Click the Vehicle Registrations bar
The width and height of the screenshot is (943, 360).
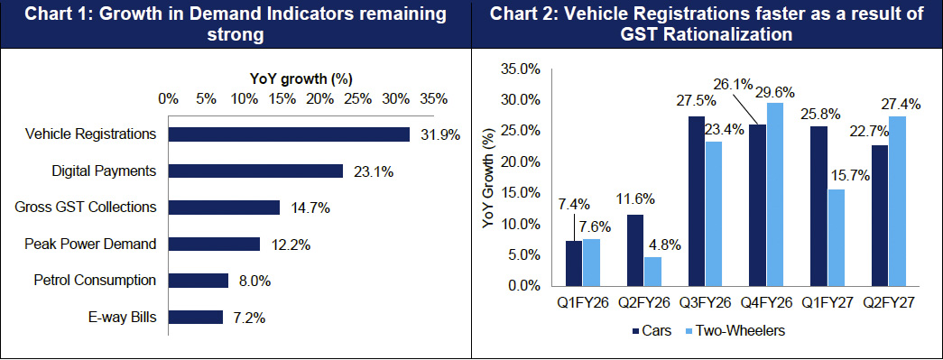[x=289, y=134]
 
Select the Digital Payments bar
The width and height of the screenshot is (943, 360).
[x=255, y=171]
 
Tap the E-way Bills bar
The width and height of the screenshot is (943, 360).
[x=196, y=318]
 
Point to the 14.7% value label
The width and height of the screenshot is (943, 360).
[x=310, y=208]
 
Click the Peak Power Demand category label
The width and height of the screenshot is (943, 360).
[x=91, y=244]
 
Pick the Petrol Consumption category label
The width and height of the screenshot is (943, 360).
[x=95, y=281]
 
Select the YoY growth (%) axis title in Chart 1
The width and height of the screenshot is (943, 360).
[x=300, y=78]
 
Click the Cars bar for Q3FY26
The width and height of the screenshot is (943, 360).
[x=697, y=200]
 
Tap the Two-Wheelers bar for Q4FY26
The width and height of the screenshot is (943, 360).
[x=774, y=194]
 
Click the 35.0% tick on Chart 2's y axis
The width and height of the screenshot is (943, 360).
[x=521, y=69]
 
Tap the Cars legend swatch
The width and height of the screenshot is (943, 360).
[x=637, y=330]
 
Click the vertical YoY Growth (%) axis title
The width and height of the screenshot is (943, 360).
[x=489, y=180]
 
